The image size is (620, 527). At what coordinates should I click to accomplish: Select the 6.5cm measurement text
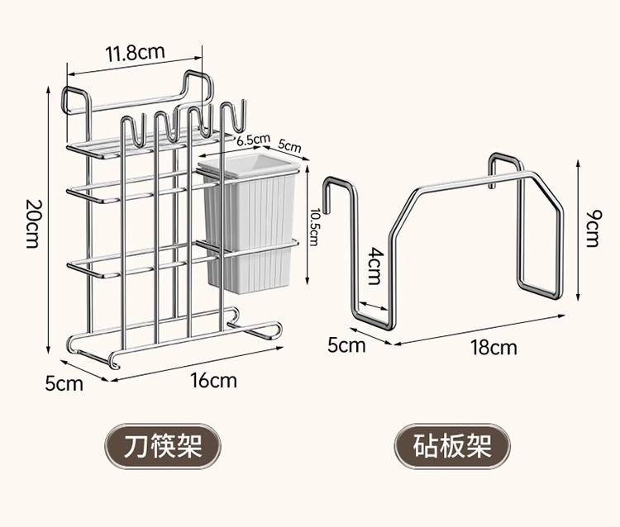(x=254, y=139)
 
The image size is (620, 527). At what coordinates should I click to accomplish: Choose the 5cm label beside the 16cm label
(x=64, y=383)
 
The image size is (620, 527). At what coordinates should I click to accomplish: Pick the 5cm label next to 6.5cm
(x=289, y=145)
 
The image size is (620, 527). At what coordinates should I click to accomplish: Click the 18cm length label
(x=494, y=346)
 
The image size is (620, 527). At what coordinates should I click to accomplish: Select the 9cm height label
(x=593, y=228)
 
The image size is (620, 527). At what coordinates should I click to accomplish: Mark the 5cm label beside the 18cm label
(x=346, y=344)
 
